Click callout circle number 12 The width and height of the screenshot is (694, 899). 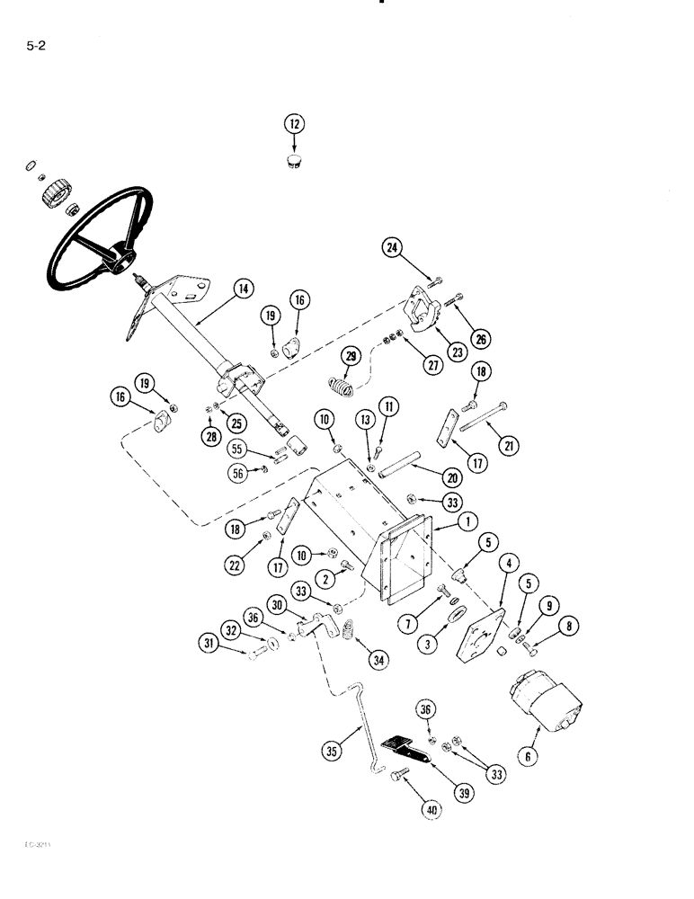pyautogui.click(x=295, y=125)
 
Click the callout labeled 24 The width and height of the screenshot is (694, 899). pyautogui.click(x=392, y=252)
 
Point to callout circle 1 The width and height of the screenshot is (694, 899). pyautogui.click(x=467, y=521)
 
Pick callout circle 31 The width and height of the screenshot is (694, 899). pyautogui.click(x=209, y=643)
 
